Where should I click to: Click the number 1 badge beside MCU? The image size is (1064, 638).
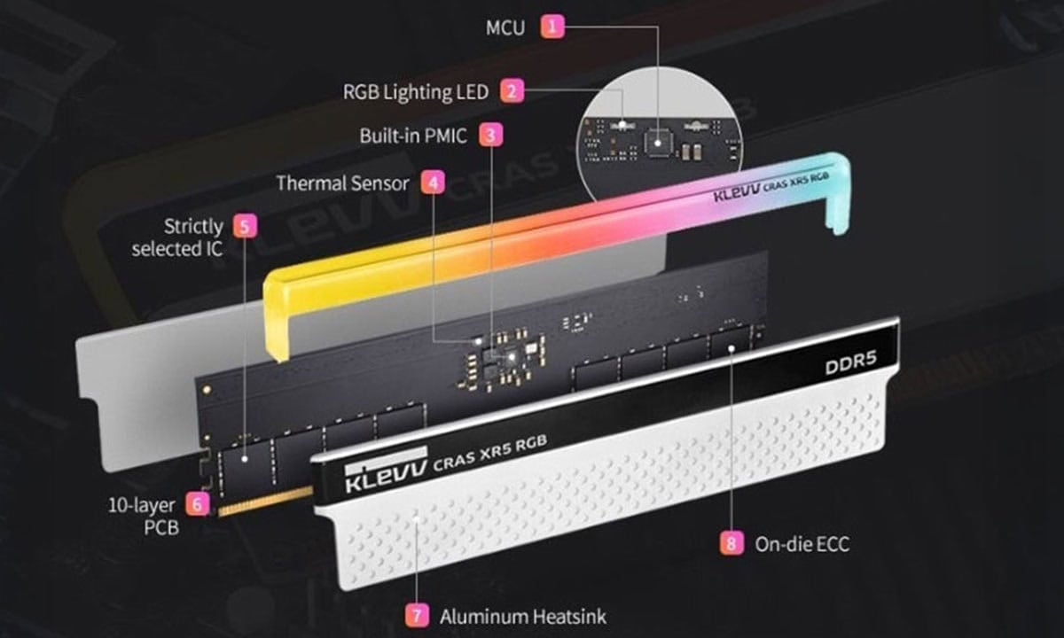pos(553,27)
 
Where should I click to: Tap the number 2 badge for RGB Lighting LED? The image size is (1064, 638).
pos(512,90)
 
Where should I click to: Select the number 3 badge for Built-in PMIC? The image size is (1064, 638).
pos(490,136)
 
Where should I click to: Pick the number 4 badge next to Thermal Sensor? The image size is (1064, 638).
pos(431,183)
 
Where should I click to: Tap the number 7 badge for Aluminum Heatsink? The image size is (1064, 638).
pos(416,615)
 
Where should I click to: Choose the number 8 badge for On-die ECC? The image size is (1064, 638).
pos(731,543)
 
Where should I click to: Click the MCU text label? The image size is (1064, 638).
pos(505,27)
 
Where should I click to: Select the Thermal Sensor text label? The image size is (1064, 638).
pos(342,183)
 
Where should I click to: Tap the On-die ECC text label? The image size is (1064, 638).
pos(801,543)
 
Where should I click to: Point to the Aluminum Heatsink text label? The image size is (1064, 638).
pos(523,615)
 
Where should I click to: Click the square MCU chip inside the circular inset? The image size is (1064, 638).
pos(658,139)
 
